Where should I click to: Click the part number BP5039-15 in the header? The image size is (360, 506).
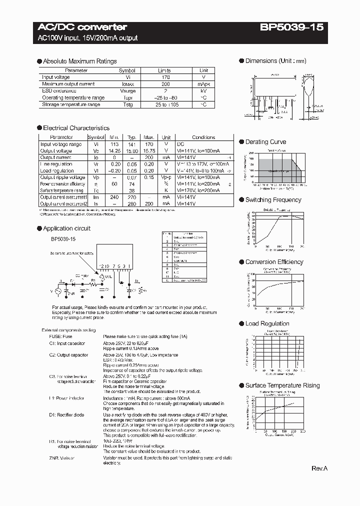click(x=291, y=27)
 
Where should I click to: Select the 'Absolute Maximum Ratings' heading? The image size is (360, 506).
click(x=79, y=61)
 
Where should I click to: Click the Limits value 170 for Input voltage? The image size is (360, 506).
click(x=164, y=77)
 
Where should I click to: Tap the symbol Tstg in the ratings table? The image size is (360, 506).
click(x=127, y=104)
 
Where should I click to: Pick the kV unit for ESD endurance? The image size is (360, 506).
click(x=203, y=91)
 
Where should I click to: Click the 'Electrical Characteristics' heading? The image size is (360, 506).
click(x=76, y=128)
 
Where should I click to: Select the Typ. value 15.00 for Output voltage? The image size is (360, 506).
click(x=132, y=150)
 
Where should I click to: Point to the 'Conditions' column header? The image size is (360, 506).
click(x=203, y=137)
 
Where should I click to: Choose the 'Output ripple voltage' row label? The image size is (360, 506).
click(x=62, y=177)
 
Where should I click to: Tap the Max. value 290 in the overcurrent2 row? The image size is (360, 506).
click(x=148, y=203)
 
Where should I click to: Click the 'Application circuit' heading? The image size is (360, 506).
click(x=66, y=228)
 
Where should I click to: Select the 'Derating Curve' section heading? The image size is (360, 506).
click(x=265, y=142)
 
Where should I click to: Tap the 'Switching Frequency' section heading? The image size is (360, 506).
click(x=273, y=200)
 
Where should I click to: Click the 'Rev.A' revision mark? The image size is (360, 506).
click(x=319, y=468)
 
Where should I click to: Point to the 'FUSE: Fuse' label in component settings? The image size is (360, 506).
click(x=60, y=337)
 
